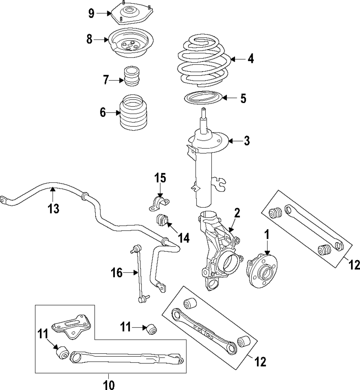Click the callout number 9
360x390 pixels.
91,13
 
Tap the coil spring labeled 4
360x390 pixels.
204,61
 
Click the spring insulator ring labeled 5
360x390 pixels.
202,98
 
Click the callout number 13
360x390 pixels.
54,208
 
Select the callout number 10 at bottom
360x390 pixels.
109,385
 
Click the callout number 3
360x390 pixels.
246,141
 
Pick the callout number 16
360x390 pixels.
117,273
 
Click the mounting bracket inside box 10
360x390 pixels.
71,326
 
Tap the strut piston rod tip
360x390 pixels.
204,109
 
